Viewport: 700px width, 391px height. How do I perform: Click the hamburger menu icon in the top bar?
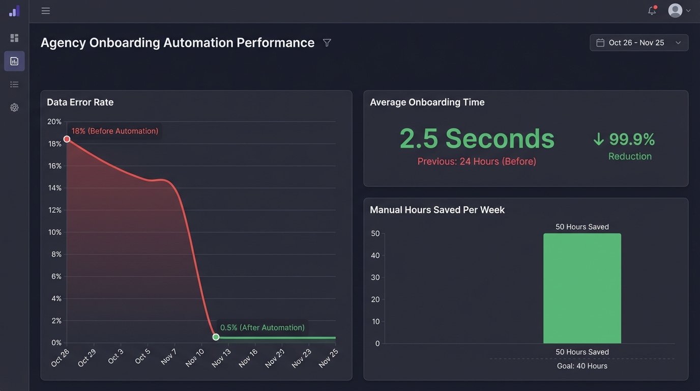pyautogui.click(x=46, y=11)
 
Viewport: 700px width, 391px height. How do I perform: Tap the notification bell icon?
pyautogui.click(x=652, y=11)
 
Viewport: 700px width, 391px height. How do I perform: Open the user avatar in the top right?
pyautogui.click(x=675, y=11)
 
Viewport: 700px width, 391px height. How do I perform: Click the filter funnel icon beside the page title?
pyautogui.click(x=327, y=43)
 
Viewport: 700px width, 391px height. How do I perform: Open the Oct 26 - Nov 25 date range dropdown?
pyautogui.click(x=639, y=43)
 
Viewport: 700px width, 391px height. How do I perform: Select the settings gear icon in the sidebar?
pyautogui.click(x=14, y=107)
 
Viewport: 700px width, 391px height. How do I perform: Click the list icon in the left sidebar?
pyautogui.click(x=14, y=85)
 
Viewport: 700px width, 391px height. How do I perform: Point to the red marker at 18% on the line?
pyautogui.click(x=67, y=139)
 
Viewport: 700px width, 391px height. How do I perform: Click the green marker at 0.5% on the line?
pyautogui.click(x=216, y=337)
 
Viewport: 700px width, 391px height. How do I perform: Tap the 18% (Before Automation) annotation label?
pyautogui.click(x=114, y=131)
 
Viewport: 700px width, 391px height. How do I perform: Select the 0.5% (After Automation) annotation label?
pyautogui.click(x=262, y=327)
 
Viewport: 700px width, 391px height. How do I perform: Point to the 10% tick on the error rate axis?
pyautogui.click(x=54, y=232)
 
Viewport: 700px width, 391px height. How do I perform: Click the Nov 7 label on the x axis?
pyautogui.click(x=169, y=356)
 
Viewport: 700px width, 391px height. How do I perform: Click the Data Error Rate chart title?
pyautogui.click(x=80, y=102)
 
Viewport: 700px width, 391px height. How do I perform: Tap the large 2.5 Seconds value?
pyautogui.click(x=477, y=138)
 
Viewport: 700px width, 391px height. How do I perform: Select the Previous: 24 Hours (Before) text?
pyautogui.click(x=477, y=161)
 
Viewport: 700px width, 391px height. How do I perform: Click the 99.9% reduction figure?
pyautogui.click(x=631, y=139)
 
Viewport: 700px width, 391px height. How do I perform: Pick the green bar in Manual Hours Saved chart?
pyautogui.click(x=582, y=288)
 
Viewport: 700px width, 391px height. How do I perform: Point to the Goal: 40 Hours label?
pyautogui.click(x=582, y=366)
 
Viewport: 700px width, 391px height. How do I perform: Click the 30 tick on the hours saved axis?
pyautogui.click(x=375, y=277)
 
